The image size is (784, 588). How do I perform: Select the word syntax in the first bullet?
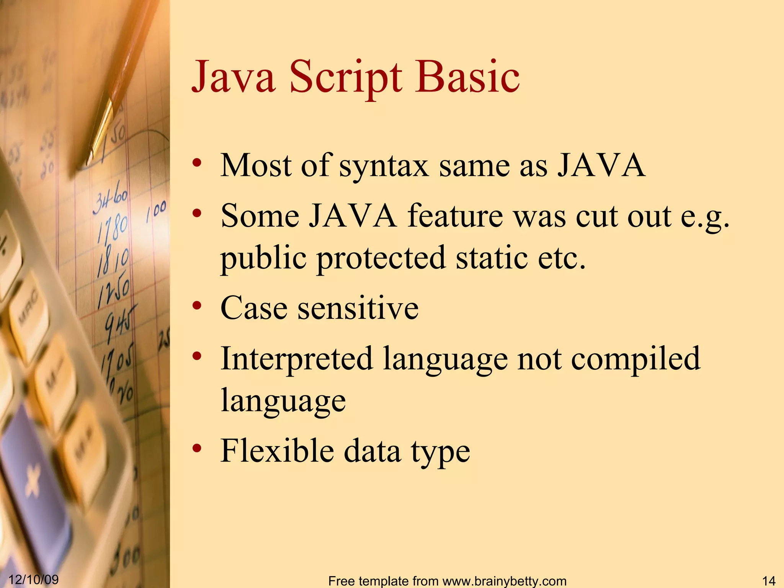384,166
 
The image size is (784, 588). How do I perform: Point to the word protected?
381,258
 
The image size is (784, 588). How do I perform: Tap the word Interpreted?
297,359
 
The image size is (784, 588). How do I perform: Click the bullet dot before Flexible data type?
197,448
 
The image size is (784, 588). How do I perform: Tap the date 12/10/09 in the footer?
34,579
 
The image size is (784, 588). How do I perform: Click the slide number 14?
769,581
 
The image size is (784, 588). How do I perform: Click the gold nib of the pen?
100,130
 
